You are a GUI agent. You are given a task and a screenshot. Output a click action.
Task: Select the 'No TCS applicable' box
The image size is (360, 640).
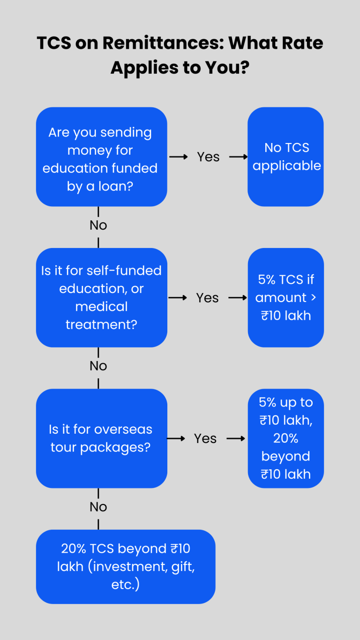(x=285, y=157)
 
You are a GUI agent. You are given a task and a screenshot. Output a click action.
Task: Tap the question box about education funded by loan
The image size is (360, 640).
(x=101, y=157)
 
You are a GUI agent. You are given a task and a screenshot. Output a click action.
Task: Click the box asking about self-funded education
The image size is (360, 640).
(x=101, y=297)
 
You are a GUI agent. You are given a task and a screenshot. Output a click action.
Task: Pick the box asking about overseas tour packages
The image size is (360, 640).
(x=101, y=438)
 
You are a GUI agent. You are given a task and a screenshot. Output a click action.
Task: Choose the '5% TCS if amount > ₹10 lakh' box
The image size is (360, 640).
(x=285, y=297)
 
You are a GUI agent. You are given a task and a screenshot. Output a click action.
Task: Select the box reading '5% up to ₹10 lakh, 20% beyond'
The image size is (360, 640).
(x=285, y=438)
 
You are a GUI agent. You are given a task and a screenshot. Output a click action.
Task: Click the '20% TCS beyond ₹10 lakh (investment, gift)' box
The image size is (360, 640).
(x=125, y=566)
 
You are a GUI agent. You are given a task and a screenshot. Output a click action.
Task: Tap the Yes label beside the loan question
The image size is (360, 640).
(x=208, y=157)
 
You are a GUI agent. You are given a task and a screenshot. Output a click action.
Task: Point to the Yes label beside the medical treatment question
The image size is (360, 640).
(x=207, y=298)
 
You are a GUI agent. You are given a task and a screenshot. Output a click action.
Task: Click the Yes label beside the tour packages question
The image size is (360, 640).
(x=205, y=438)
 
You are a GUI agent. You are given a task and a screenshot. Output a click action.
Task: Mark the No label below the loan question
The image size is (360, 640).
(x=98, y=226)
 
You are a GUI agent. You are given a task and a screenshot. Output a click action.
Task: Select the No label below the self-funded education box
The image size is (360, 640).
(x=98, y=366)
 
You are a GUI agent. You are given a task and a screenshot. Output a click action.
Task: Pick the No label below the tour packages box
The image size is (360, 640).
(x=98, y=507)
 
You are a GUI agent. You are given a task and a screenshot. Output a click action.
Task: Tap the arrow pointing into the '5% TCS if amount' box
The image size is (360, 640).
(x=238, y=298)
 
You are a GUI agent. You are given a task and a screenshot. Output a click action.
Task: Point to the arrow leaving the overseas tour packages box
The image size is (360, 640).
(x=176, y=438)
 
